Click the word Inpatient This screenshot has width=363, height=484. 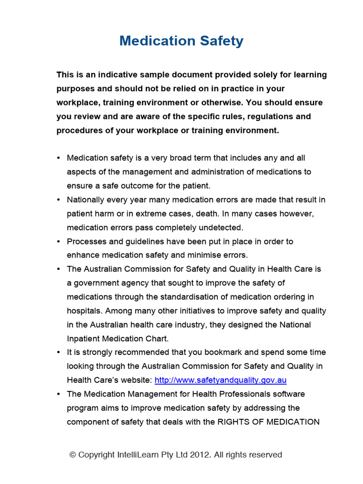pyautogui.click(x=84, y=339)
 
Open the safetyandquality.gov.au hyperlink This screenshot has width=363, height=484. pyautogui.click(x=221, y=380)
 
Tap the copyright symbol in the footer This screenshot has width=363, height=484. pyautogui.click(x=72, y=455)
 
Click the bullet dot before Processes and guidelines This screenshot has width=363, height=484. pyautogui.click(x=58, y=242)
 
